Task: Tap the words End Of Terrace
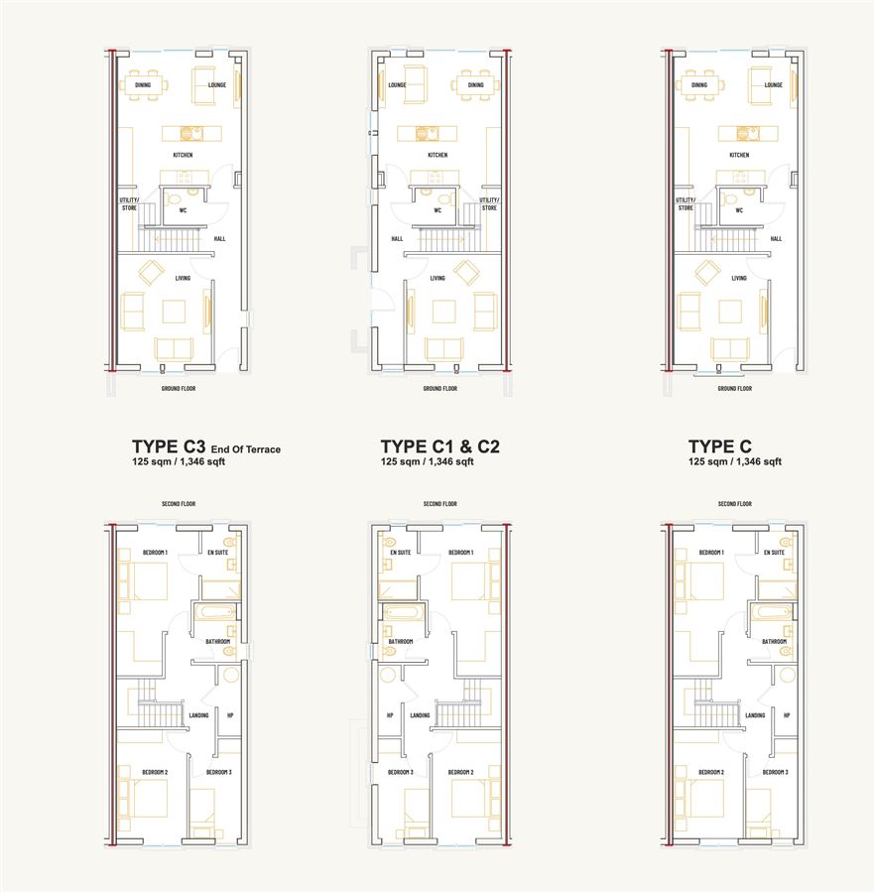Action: pyautogui.click(x=246, y=449)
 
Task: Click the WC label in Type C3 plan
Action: pyautogui.click(x=183, y=210)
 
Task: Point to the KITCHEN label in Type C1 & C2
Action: pyautogui.click(x=437, y=155)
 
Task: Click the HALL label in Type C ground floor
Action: pyautogui.click(x=776, y=238)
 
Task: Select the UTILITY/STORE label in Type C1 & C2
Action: pyautogui.click(x=489, y=203)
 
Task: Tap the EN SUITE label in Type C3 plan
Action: pyautogui.click(x=218, y=553)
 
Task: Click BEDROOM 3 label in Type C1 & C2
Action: pyautogui.click(x=401, y=772)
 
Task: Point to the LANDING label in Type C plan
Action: pyautogui.click(x=755, y=715)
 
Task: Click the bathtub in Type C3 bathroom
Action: pyautogui.click(x=215, y=613)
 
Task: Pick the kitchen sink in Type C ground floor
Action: pyautogui.click(x=744, y=133)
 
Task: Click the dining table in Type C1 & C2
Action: pyautogui.click(x=475, y=85)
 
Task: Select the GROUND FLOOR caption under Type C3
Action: pyautogui.click(x=179, y=388)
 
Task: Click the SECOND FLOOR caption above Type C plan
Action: pyautogui.click(x=735, y=504)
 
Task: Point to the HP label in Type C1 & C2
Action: pyautogui.click(x=390, y=715)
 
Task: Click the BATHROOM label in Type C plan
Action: pyautogui.click(x=774, y=642)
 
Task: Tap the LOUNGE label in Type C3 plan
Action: pyautogui.click(x=217, y=85)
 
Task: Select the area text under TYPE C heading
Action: pyautogui.click(x=735, y=461)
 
